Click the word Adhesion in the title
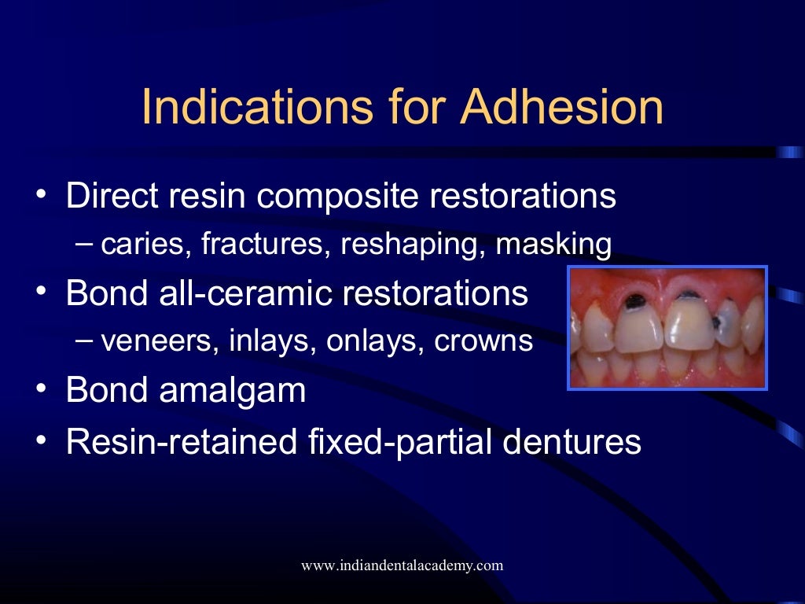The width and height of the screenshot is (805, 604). tap(562, 108)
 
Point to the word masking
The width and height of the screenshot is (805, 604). tap(553, 245)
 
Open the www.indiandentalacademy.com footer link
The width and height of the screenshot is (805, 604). tap(402, 565)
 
